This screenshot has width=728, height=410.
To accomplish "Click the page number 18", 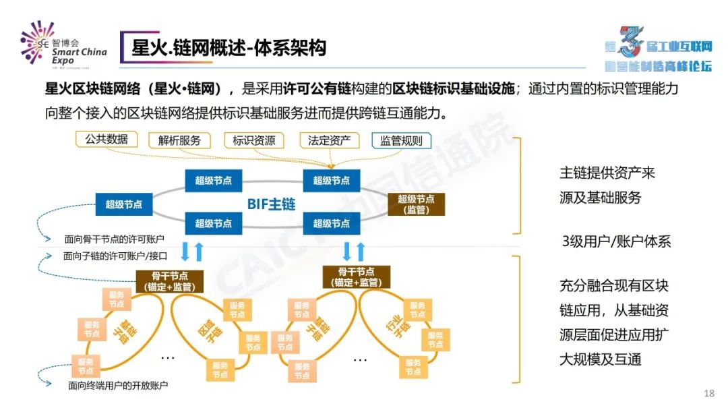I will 708,393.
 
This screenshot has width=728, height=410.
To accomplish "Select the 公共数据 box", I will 107,139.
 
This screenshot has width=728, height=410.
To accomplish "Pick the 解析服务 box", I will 179,140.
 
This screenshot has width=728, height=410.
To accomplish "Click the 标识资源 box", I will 254,140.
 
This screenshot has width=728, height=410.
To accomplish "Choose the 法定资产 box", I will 329,140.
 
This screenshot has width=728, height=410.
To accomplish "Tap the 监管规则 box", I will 401,140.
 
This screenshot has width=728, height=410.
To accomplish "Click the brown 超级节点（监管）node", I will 416,204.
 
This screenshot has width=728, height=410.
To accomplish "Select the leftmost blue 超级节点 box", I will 123,204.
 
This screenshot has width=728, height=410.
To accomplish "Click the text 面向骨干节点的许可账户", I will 115,239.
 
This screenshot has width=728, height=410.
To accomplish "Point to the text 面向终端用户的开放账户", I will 118,386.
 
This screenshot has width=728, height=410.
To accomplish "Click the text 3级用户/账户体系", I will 616,241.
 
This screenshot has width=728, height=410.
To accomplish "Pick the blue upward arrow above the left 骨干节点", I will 199,252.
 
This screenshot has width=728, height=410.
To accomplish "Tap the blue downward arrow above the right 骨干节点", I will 346,251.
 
